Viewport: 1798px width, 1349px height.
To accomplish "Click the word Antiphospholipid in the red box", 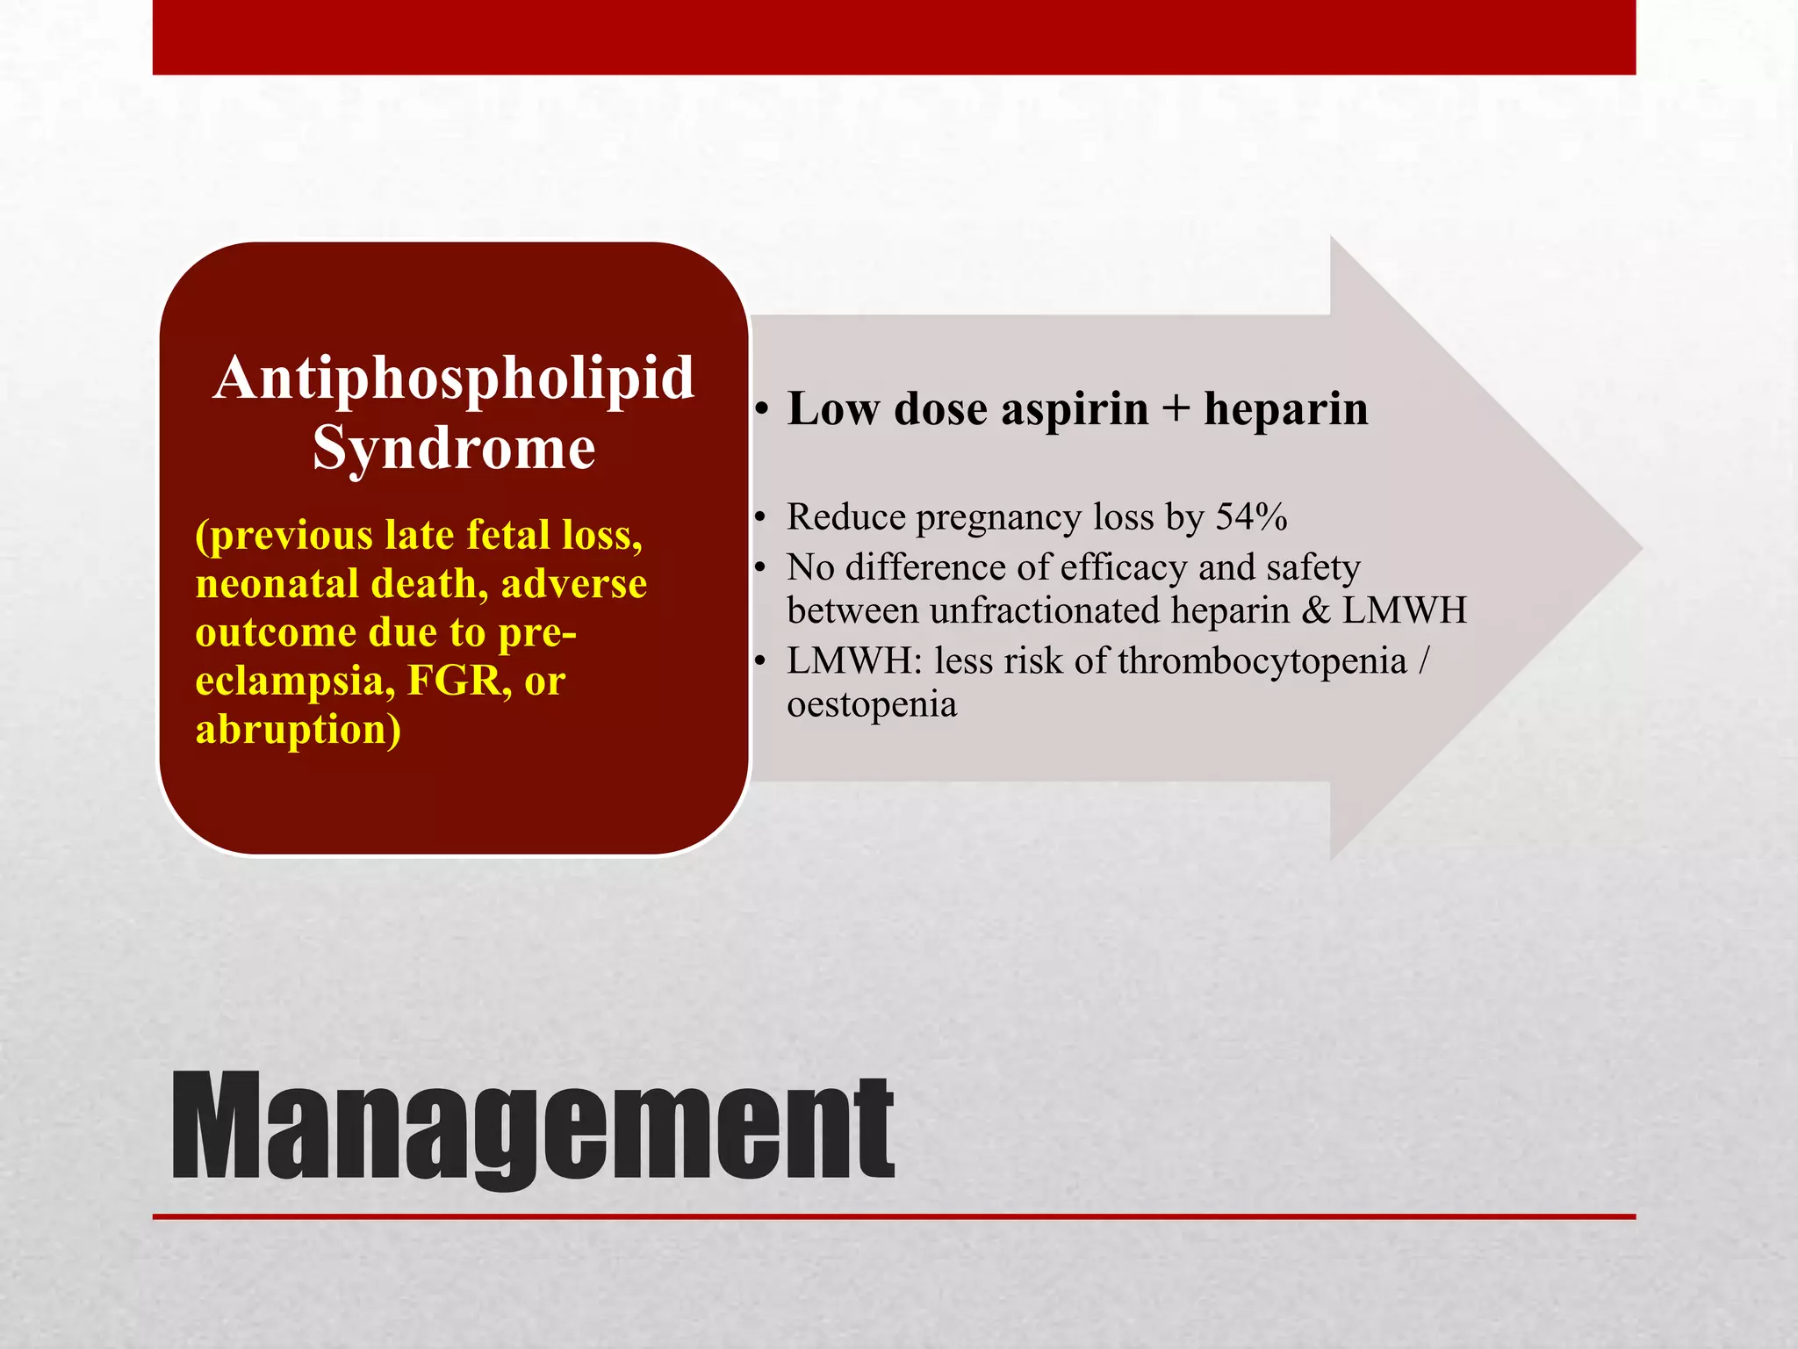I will [454, 379].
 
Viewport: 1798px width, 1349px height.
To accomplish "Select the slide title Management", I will [532, 1128].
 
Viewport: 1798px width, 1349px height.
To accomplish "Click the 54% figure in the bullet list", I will [1251, 517].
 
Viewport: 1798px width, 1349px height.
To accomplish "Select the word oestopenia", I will [871, 704].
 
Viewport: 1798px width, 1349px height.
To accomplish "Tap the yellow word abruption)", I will [298, 730].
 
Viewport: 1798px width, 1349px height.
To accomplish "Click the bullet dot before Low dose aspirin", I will [762, 411].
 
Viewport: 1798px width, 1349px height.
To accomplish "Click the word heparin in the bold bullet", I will [1285, 410].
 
